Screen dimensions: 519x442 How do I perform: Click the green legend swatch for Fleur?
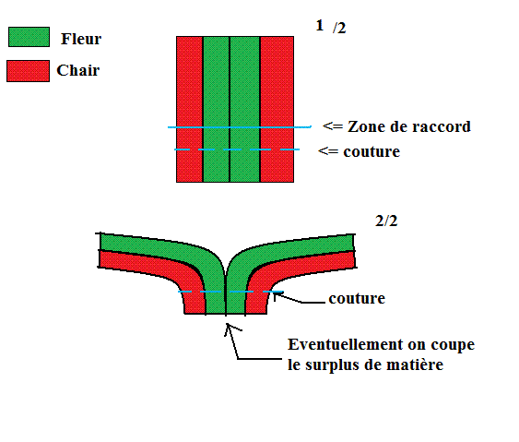point(29,37)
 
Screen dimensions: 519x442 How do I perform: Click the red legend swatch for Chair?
point(29,71)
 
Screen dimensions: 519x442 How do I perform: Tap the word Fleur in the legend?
point(81,39)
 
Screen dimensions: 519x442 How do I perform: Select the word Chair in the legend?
point(78,70)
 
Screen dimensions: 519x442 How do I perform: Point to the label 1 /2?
point(331,27)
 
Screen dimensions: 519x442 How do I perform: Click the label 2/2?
point(386,221)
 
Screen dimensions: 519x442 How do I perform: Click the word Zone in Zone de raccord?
point(363,126)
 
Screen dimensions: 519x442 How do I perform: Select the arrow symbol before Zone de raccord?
point(333,126)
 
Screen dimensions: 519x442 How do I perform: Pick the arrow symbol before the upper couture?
point(328,151)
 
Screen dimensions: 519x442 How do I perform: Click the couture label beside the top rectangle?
point(372,151)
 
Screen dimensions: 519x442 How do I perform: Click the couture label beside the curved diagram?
point(357,299)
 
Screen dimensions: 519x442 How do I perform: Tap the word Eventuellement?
point(346,344)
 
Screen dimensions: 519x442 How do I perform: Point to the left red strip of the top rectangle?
point(189,109)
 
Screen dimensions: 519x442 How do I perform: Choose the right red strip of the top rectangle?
point(277,109)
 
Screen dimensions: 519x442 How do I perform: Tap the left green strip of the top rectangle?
point(216,109)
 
